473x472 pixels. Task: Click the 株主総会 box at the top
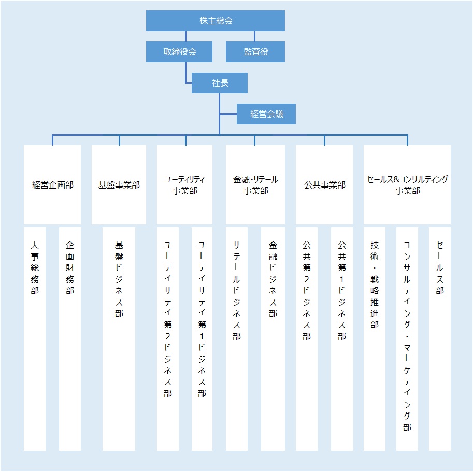[x=216, y=21]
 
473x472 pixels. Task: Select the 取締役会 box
[x=179, y=52]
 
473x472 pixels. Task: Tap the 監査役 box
[x=255, y=52]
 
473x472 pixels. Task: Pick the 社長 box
[x=220, y=83]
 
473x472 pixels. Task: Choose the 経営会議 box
[x=266, y=114]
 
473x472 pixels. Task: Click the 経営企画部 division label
[x=52, y=185]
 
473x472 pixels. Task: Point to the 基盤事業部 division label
[x=119, y=185]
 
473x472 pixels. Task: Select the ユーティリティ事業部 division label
[x=184, y=185]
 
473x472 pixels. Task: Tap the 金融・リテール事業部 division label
[x=255, y=185]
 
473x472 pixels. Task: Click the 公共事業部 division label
[x=324, y=185]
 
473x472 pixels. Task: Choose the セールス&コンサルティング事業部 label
[x=407, y=185]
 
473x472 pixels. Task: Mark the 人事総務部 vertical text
[x=35, y=267]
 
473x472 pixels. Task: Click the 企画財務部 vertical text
[x=70, y=267]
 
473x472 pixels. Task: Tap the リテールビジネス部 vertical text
[x=237, y=290]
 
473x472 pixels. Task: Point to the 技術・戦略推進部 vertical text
[x=375, y=284]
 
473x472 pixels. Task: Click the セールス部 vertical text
[x=439, y=267]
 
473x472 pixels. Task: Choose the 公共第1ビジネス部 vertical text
[x=342, y=290]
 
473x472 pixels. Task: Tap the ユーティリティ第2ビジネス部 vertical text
[x=168, y=319]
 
